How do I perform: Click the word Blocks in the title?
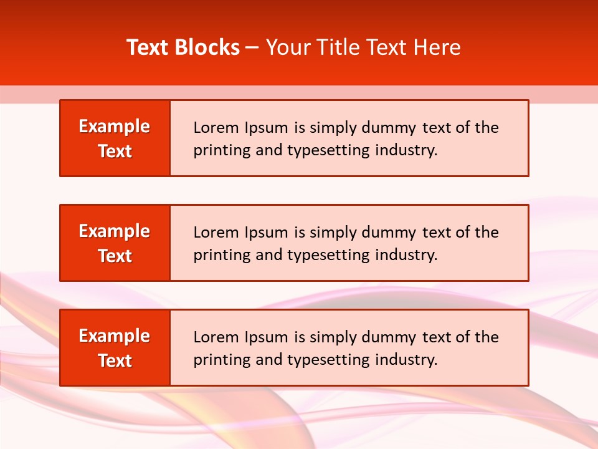tap(206, 47)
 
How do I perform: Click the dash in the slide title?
tap(252, 48)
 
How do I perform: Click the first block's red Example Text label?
tap(115, 138)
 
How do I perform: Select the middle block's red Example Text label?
tap(115, 243)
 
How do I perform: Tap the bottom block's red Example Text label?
tap(115, 347)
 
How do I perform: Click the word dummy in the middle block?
tap(388, 233)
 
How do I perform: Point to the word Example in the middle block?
tap(115, 231)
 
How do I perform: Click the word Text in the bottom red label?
tap(115, 360)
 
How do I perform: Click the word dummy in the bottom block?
tap(388, 337)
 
